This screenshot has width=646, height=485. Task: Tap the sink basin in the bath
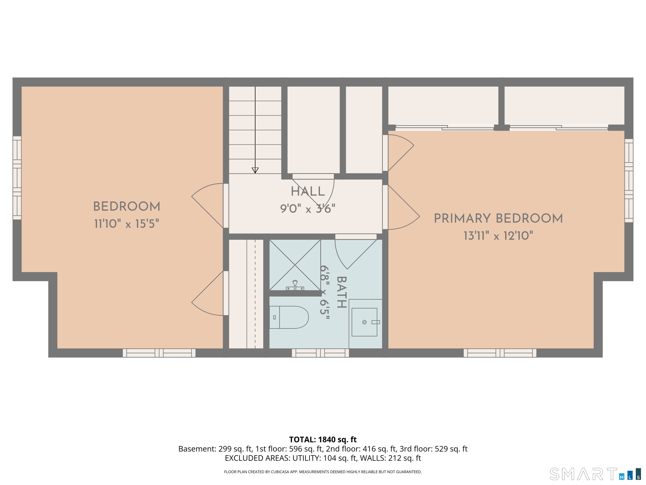(x=364, y=322)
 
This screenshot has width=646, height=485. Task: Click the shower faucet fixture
(x=295, y=285)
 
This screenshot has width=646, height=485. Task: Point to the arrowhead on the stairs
(x=255, y=170)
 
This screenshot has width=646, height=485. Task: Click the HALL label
(x=307, y=192)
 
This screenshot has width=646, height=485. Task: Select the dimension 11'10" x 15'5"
(x=126, y=224)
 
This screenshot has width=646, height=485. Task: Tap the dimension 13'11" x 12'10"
(x=498, y=236)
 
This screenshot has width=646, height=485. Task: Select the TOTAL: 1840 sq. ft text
(x=323, y=439)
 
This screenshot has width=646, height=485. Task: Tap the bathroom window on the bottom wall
(x=320, y=353)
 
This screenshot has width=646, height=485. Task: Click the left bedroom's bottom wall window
(x=159, y=353)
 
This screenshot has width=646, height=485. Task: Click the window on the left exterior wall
(x=17, y=178)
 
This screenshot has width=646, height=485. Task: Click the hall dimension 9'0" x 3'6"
(x=307, y=209)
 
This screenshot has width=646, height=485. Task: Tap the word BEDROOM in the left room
(x=126, y=207)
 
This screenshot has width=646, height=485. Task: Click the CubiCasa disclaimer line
(x=323, y=472)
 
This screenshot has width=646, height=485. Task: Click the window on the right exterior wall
(x=629, y=180)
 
